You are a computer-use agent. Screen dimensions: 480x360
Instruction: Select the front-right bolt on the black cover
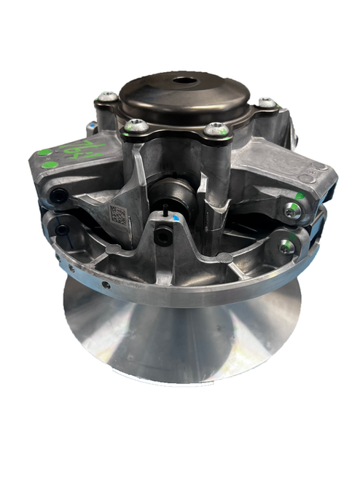coord(216,130)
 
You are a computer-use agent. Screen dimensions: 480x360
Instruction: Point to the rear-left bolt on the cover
coord(109,96)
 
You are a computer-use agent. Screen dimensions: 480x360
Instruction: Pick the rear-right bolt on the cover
coord(267,103)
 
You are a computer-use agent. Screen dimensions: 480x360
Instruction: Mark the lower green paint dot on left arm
coord(49,165)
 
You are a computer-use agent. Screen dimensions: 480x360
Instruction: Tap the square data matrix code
coord(119,215)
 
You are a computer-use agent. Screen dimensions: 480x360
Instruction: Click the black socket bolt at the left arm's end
coord(58,195)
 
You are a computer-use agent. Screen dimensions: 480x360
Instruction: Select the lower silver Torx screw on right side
coord(286,247)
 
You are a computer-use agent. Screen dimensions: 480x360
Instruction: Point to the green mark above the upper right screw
coord(299,196)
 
